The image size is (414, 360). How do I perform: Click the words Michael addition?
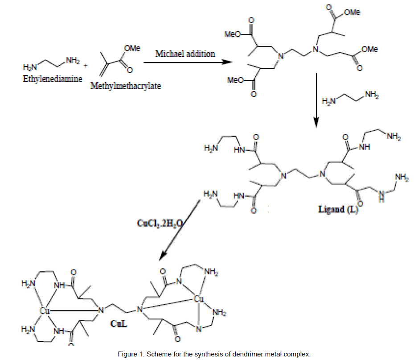[185, 54]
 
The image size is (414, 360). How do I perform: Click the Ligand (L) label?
[338, 209]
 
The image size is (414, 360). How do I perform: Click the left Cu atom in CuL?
[43, 309]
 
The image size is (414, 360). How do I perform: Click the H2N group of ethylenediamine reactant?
[30, 68]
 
